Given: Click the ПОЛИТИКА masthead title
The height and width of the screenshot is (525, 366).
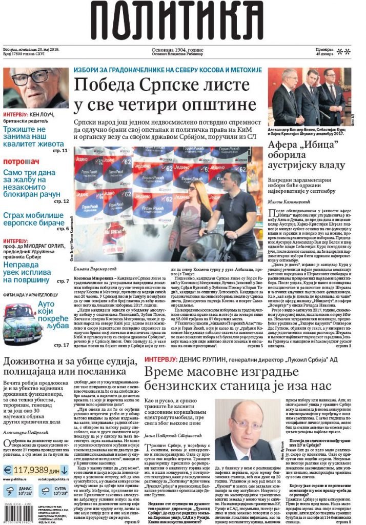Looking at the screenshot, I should (182, 22).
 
